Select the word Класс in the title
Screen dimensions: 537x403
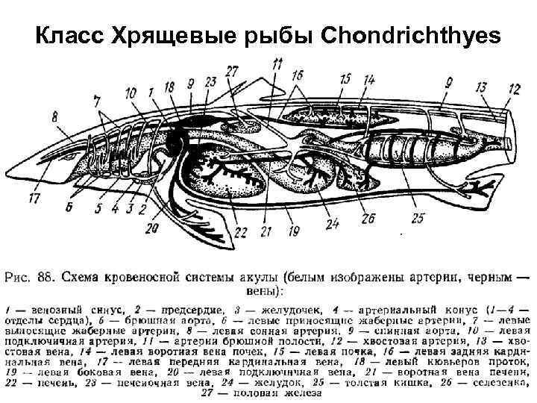(69, 35)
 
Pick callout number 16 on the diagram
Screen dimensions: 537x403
(298, 75)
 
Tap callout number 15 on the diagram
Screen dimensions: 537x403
(345, 79)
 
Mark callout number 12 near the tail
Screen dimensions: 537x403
(514, 90)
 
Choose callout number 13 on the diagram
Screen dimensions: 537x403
(481, 88)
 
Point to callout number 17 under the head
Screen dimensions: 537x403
(34, 199)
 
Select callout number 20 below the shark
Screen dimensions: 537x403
(154, 228)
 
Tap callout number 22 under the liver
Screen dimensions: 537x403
(239, 233)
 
